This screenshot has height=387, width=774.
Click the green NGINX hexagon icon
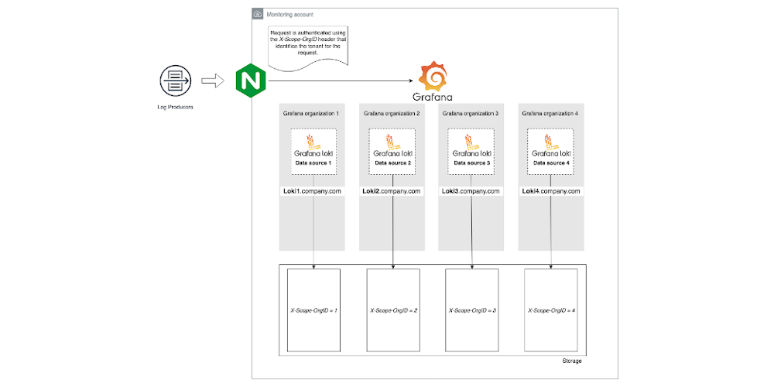tap(247, 80)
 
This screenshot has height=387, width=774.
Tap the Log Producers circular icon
tap(174, 80)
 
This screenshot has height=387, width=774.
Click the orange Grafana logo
tap(433, 77)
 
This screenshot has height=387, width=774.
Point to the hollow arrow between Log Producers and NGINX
tap(210, 80)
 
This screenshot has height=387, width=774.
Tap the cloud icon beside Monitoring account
tap(258, 15)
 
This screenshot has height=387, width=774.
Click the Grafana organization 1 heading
tap(311, 114)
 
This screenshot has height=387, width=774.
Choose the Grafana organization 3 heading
tap(470, 114)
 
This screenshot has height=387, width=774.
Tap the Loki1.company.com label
tap(313, 190)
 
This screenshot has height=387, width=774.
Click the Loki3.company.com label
tap(471, 190)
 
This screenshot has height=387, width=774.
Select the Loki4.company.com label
tap(550, 190)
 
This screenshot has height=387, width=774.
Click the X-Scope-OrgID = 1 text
tap(313, 310)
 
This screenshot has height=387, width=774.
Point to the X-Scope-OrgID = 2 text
tap(392, 310)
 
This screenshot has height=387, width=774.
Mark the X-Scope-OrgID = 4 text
tap(550, 310)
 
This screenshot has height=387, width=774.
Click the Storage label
tap(571, 361)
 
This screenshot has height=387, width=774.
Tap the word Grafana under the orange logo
tap(433, 98)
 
